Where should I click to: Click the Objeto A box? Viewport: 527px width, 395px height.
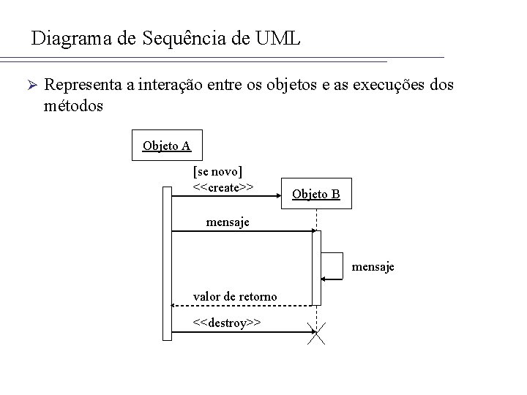tap(166, 145)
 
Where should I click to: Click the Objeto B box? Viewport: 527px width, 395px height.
tap(315, 194)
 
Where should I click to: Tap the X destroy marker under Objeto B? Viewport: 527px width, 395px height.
tap(316, 334)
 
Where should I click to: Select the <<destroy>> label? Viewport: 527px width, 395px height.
tap(226, 323)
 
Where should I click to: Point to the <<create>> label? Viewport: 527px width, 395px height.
tap(223, 187)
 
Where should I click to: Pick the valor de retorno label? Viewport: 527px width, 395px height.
tap(234, 296)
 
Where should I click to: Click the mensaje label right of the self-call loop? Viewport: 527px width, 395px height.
tap(373, 267)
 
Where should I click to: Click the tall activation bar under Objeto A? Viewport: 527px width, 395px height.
tap(166, 263)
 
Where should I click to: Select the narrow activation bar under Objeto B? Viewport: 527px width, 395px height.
tap(316, 267)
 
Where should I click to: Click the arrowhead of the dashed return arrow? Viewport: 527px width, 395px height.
tap(174, 304)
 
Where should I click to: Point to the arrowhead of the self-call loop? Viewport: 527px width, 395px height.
tap(324, 279)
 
